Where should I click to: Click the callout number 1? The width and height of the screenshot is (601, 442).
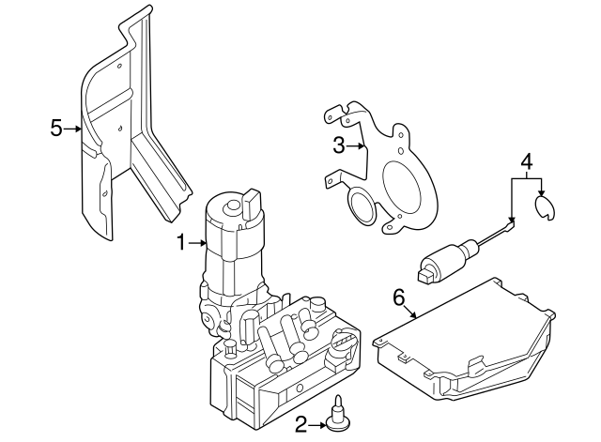[x=182, y=243]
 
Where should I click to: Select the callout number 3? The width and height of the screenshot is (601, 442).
[x=340, y=145]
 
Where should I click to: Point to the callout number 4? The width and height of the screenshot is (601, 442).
[x=527, y=161]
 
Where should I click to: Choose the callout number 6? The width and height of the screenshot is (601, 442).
[x=397, y=297]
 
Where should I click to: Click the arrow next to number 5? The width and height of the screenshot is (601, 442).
[x=74, y=129]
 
